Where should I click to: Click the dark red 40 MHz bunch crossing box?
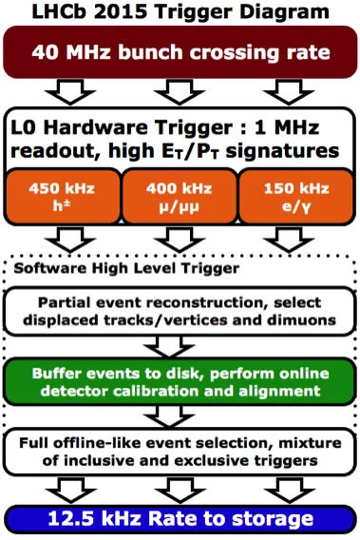click(x=180, y=52)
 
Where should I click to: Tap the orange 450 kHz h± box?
click(x=63, y=197)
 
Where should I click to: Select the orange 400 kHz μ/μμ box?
click(x=180, y=197)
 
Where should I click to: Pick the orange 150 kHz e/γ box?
click(x=296, y=197)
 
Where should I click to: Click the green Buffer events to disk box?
click(x=180, y=381)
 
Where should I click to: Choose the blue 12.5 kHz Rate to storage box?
click(x=180, y=519)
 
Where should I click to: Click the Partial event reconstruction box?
click(x=180, y=312)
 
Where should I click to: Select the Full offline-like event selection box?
click(x=180, y=452)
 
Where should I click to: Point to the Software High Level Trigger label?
click(x=126, y=268)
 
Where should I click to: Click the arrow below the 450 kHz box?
click(x=70, y=240)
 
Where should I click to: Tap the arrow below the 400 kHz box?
click(x=180, y=240)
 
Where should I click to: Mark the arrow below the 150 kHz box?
click(x=289, y=240)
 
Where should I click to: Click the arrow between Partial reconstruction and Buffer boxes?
click(x=169, y=347)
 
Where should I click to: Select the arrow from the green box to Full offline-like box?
click(x=169, y=416)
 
